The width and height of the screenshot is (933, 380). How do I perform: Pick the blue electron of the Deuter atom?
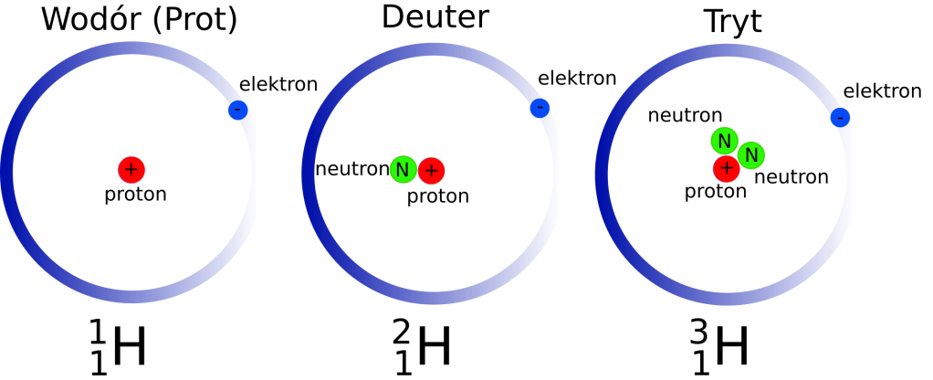click(540, 108)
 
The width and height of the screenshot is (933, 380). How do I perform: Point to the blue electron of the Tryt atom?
click(840, 117)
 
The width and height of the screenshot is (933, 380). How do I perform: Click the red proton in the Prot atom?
click(131, 169)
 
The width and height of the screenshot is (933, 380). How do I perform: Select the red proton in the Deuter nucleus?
click(431, 169)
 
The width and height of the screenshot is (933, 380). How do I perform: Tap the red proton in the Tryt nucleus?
click(727, 167)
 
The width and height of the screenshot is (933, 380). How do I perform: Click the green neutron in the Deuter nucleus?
click(404, 169)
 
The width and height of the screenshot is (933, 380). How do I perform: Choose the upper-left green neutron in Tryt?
click(724, 141)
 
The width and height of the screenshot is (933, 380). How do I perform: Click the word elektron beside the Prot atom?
click(278, 85)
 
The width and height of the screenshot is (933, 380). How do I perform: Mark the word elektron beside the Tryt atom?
click(882, 90)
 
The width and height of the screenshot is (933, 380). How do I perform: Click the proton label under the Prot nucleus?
click(135, 194)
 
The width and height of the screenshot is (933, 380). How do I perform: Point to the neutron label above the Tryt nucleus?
click(685, 115)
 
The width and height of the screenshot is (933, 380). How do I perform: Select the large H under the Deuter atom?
click(435, 347)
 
